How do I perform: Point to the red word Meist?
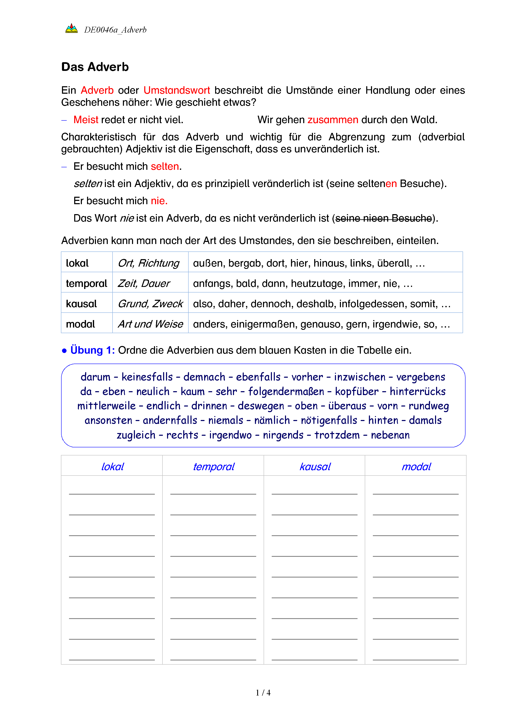(x=86, y=120)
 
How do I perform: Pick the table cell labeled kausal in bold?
(x=81, y=304)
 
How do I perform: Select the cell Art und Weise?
(x=150, y=324)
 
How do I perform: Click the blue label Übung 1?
(x=92, y=350)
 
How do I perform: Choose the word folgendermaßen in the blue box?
(x=286, y=392)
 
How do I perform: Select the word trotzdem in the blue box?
(x=337, y=435)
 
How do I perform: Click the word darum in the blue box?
(x=95, y=377)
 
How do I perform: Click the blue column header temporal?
(x=214, y=466)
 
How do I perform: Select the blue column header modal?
(x=416, y=466)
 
